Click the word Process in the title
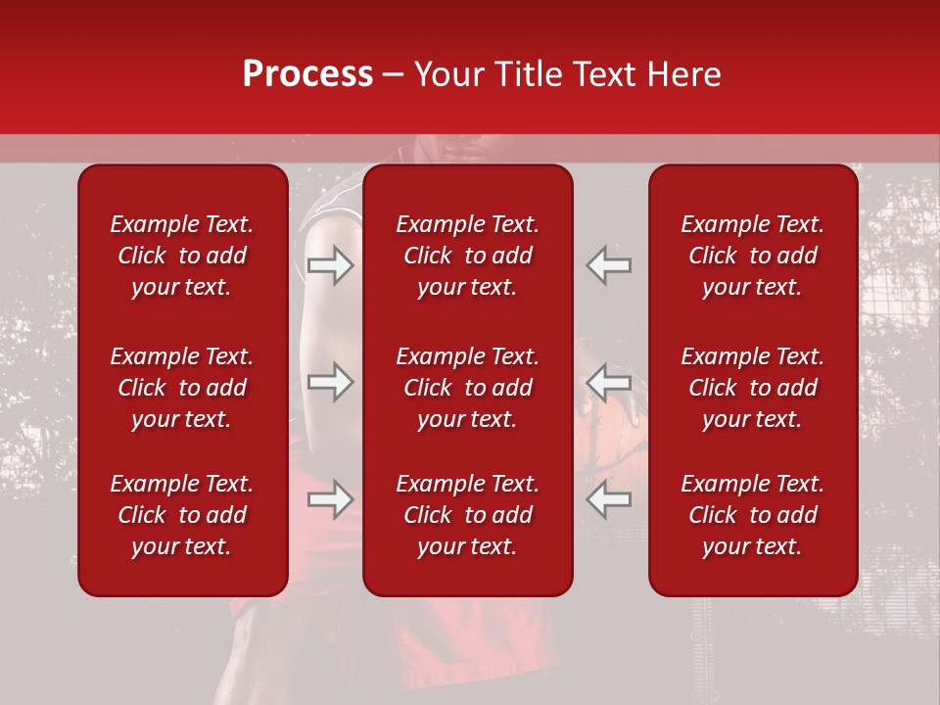307,74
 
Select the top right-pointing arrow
330,265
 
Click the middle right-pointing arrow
330,382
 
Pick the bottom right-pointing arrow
330,500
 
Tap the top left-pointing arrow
609,265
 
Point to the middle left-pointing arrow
609,382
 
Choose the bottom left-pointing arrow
609,500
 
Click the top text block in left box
182,256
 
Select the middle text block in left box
182,388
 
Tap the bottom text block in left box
182,515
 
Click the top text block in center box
468,256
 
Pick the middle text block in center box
468,388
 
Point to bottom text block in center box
468,515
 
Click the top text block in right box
753,256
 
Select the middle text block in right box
753,388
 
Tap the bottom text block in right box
753,515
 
